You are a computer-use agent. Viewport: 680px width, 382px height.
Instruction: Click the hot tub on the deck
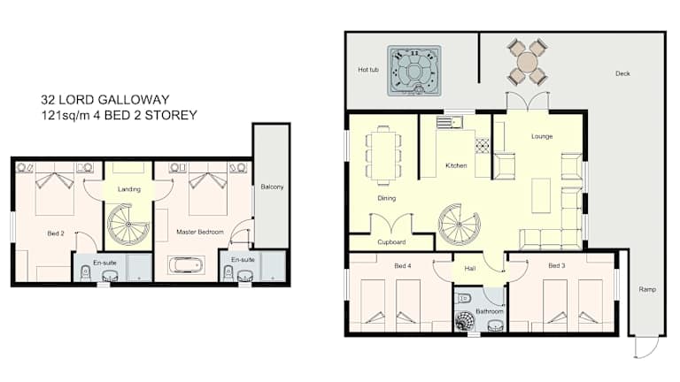coord(414,71)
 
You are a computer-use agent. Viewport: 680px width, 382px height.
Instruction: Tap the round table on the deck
coord(528,62)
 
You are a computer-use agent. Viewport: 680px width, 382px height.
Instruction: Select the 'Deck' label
coord(622,73)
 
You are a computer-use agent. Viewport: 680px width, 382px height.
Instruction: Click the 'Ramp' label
coord(647,289)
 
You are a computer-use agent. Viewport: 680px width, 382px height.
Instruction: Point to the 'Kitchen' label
coord(456,165)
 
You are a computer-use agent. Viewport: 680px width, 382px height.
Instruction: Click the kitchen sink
coord(450,122)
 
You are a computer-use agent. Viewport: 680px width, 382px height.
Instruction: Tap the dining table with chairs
coord(383,156)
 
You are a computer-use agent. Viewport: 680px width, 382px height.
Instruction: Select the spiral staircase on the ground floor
coord(459,225)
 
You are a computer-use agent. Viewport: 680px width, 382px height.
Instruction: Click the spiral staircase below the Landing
coord(128,225)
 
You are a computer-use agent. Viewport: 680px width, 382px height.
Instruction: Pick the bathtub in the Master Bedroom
coord(186,264)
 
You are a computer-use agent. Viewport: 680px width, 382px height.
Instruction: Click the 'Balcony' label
coord(272,187)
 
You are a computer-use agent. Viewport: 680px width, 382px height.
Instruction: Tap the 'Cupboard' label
coord(391,242)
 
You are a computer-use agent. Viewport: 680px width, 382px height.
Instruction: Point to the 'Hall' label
coord(470,269)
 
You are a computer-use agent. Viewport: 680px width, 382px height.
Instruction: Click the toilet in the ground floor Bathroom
coord(465,298)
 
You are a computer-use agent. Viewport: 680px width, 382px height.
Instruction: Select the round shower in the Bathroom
coord(466,321)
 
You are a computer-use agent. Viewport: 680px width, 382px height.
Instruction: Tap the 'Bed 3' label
coord(556,265)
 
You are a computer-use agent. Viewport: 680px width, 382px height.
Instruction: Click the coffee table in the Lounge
coord(541,196)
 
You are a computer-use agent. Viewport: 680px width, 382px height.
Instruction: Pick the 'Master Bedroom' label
coord(200,233)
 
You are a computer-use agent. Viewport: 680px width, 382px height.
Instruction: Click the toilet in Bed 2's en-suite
coord(85,273)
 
